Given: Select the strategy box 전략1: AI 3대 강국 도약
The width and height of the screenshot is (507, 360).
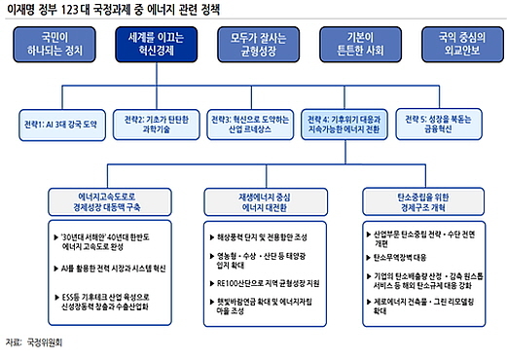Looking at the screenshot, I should (62, 125).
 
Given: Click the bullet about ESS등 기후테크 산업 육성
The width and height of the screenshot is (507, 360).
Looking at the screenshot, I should (98, 296).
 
